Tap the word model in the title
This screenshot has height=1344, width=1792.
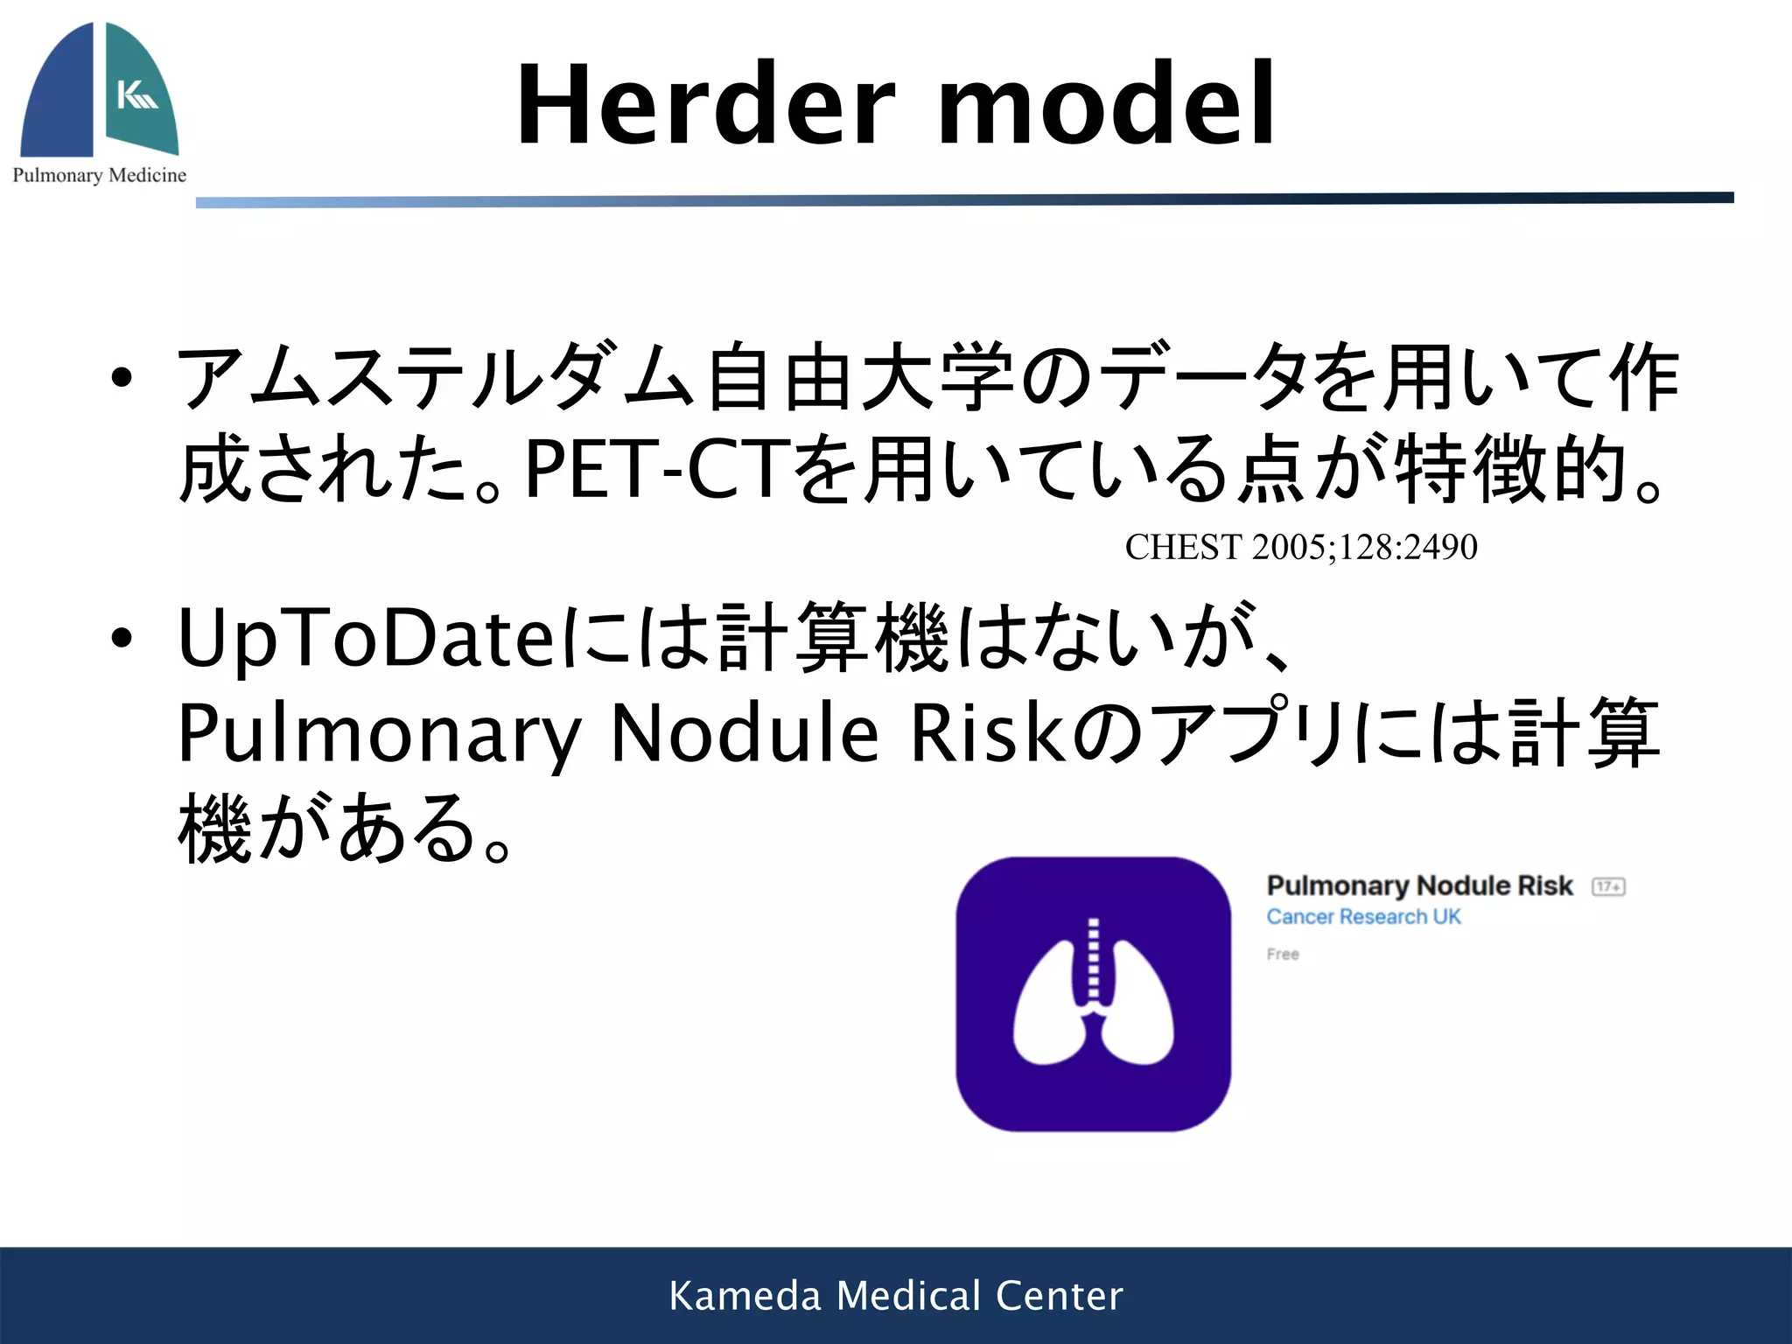(x=1107, y=105)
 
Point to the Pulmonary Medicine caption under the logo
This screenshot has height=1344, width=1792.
(x=100, y=175)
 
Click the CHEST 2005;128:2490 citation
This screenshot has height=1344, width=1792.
(x=1301, y=548)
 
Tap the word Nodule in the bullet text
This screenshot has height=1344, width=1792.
(x=744, y=733)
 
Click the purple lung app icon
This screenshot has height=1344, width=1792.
(x=1093, y=994)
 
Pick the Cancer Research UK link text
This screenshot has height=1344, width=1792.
(x=1363, y=917)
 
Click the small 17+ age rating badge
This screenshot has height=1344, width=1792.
(x=1608, y=887)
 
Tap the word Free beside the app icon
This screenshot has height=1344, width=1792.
(x=1283, y=955)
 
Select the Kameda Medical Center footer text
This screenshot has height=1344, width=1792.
(x=896, y=1296)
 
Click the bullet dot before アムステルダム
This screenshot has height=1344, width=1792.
(x=122, y=378)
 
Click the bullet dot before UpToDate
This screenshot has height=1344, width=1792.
(x=122, y=638)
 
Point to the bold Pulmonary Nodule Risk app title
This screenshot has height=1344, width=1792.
(x=1419, y=886)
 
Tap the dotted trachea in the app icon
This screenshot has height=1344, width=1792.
(x=1092, y=959)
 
